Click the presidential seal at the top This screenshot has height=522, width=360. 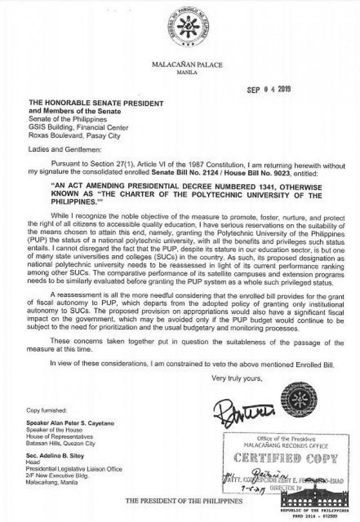coord(187,26)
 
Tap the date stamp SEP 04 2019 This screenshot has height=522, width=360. coord(269,89)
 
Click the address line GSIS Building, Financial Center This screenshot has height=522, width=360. coord(80,128)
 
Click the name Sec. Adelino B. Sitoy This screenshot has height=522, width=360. coord(54,454)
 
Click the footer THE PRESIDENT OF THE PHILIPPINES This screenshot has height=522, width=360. coord(184,500)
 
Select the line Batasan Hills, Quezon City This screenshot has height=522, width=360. coord(62,443)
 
